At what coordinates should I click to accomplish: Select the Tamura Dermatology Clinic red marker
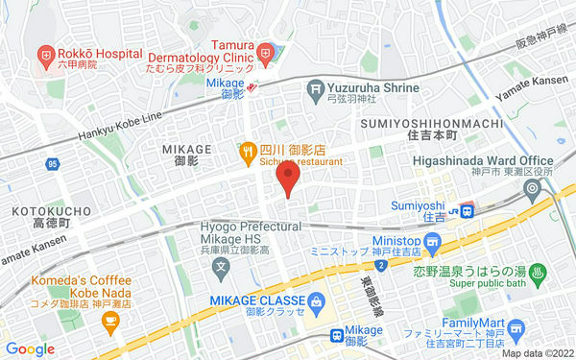coord(269,54)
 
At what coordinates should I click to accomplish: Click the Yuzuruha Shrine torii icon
coord(314,89)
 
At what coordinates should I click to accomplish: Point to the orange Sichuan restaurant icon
coord(247,151)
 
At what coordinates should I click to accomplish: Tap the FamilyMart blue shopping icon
coord(517,330)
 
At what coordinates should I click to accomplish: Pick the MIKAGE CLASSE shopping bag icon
coord(317,301)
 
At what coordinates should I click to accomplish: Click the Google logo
coord(30,349)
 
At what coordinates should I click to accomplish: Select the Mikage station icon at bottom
coord(336,335)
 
